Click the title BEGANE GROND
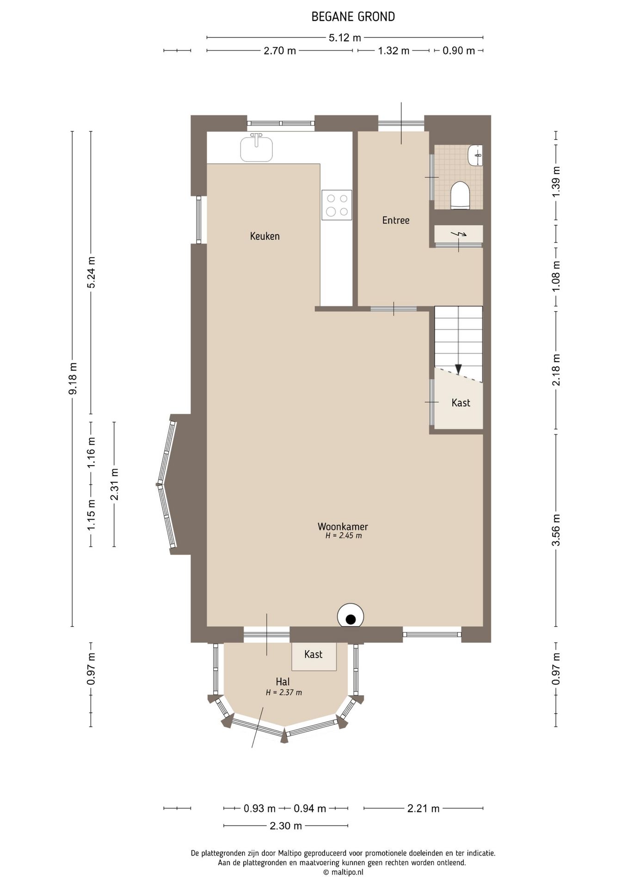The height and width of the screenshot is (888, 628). pos(353,17)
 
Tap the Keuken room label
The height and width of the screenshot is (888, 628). pos(265,236)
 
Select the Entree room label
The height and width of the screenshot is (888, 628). pos(396,220)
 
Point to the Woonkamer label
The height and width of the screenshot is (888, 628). pos(343,526)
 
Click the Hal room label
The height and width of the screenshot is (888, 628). pos(283,681)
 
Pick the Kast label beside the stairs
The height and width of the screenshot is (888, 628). pos(461,402)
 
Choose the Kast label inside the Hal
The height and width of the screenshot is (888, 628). pos(313,654)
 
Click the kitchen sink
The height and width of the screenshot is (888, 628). pos(256,148)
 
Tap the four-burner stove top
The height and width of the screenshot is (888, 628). pos(337,205)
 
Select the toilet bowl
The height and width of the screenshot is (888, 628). pos(460,195)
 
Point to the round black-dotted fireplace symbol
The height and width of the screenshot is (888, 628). pos(351,616)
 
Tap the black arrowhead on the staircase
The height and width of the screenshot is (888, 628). pos(458,369)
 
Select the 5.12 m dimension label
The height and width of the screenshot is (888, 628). pos(345,37)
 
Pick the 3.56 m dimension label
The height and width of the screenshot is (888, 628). pos(556,530)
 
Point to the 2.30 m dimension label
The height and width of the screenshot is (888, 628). pos(286,826)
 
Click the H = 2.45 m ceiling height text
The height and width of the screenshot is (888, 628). pos(344,536)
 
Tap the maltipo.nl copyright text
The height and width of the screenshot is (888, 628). pos(343,872)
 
